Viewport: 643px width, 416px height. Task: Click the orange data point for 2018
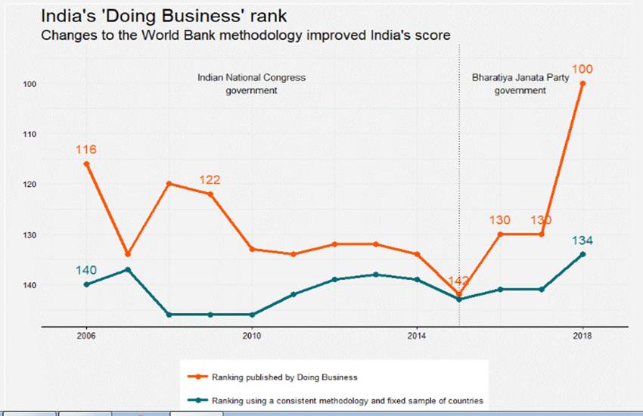point(582,83)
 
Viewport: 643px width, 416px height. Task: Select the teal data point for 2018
point(582,254)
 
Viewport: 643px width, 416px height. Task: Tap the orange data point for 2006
point(86,163)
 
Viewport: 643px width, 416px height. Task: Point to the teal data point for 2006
point(86,284)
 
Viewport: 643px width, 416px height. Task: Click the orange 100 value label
point(582,70)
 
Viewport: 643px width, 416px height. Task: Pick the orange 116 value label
point(85,150)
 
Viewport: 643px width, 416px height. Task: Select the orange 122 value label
point(210,180)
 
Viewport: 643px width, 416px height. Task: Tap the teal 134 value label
point(582,241)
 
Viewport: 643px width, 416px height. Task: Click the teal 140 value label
point(85,270)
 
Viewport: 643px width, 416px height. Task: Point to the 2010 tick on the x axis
point(251,335)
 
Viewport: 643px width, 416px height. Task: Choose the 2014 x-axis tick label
point(417,335)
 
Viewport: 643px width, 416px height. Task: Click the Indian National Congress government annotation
point(251,84)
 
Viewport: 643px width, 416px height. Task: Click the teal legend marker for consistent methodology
point(197,400)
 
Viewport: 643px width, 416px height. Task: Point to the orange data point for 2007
point(127,254)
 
